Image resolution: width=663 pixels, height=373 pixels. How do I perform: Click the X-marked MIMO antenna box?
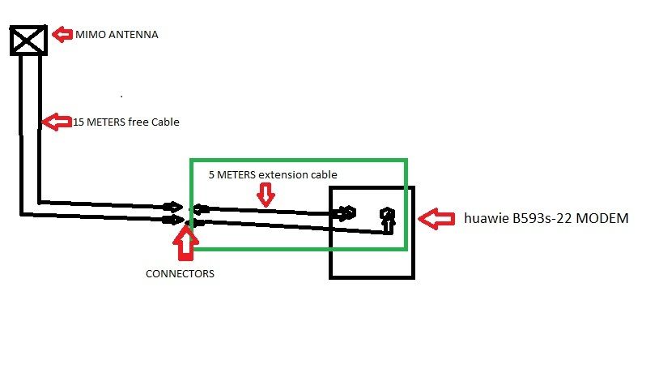[x=28, y=40]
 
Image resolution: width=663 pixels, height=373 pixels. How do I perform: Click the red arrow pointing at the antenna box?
[x=62, y=35]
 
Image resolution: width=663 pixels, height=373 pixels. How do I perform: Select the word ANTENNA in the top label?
[x=131, y=35]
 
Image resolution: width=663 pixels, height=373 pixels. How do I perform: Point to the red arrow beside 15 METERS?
[x=56, y=122]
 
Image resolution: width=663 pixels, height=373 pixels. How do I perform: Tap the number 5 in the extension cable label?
[x=212, y=174]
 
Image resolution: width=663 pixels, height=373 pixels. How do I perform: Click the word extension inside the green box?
[x=283, y=174]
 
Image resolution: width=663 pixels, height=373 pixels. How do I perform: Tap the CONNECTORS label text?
[x=180, y=274]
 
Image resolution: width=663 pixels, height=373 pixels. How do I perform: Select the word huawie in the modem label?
[x=487, y=218]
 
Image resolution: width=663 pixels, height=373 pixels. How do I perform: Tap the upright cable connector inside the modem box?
[x=389, y=218]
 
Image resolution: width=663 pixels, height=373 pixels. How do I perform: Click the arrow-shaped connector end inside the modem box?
[x=347, y=213]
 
